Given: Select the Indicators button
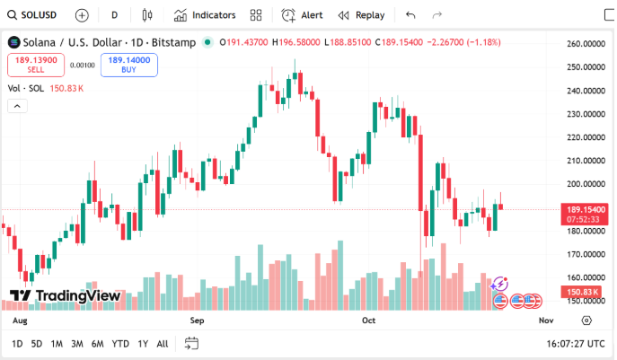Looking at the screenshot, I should click(205, 15).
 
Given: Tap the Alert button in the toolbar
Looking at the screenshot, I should click(303, 15).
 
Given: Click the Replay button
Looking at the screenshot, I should click(361, 15).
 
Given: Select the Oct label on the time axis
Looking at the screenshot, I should click(368, 320).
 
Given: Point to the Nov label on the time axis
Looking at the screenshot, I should click(545, 320).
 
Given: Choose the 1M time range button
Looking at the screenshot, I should click(57, 344).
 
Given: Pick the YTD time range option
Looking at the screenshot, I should click(120, 344).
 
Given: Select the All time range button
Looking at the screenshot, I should click(163, 344).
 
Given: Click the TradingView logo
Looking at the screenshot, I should click(65, 295).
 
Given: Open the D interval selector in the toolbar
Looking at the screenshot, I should click(114, 15).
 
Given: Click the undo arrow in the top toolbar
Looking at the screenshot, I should click(410, 15).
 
